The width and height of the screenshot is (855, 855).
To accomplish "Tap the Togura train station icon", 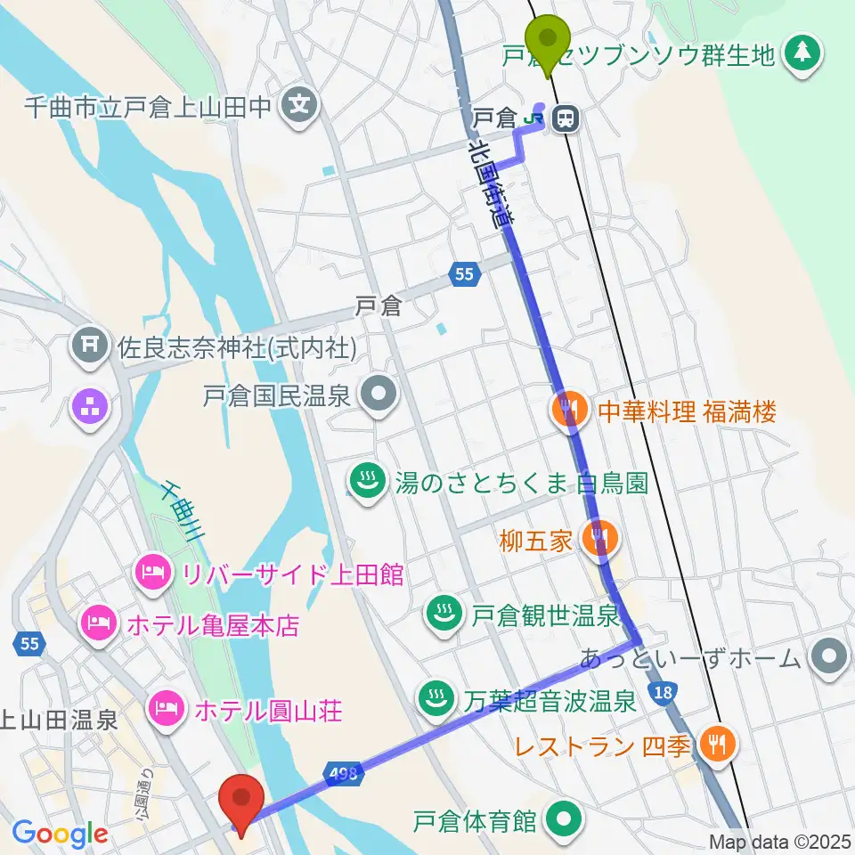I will point(563,117).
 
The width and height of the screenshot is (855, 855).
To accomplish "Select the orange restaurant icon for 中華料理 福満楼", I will point(567,411).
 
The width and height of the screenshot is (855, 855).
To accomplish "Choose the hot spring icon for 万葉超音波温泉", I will point(434,699).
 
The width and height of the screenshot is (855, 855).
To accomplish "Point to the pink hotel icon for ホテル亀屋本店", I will point(96,621).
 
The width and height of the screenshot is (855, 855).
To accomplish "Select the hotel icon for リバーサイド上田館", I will point(150,571).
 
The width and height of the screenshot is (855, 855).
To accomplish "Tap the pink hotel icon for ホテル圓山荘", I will point(167,709).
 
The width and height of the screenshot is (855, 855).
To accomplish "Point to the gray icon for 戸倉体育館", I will point(562,818).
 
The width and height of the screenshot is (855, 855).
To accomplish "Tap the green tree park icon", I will point(802,54).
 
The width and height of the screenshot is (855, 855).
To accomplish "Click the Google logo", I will point(60,834).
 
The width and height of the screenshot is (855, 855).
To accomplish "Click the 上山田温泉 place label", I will point(59,720).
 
